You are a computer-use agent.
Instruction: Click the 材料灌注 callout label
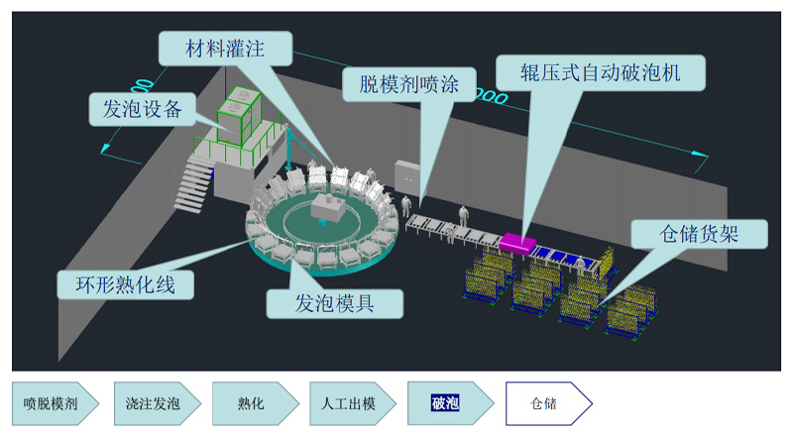(224, 47)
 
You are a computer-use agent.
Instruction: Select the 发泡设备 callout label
(142, 108)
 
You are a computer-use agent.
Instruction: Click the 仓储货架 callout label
(699, 233)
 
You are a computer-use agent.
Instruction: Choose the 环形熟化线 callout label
(125, 284)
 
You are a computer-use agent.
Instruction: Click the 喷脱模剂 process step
(54, 403)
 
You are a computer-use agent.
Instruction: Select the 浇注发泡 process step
(153, 403)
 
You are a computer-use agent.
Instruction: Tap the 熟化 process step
(252, 403)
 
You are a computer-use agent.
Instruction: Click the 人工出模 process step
(349, 403)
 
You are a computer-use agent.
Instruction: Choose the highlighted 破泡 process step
(446, 403)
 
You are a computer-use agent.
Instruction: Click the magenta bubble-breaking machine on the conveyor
(518, 241)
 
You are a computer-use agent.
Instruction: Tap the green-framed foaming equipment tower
(237, 112)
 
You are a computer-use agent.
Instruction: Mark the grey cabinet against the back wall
(406, 173)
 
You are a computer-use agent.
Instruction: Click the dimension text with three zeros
(490, 96)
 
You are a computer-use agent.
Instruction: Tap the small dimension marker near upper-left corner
(141, 87)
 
